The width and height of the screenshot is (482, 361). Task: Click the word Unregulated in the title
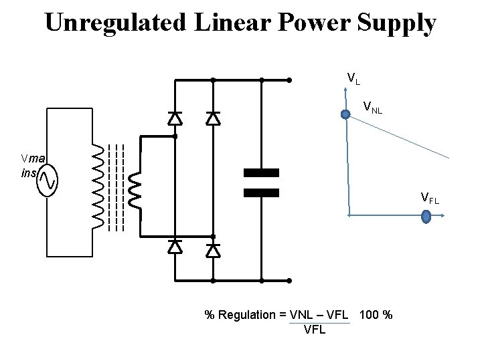pyautogui.click(x=115, y=23)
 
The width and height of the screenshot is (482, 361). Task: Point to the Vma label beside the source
pyautogui.click(x=33, y=158)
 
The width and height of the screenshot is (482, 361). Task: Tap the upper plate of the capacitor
pyautogui.click(x=261, y=173)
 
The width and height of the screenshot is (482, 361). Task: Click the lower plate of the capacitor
pyautogui.click(x=261, y=193)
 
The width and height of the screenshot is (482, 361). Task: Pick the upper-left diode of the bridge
pyautogui.click(x=175, y=118)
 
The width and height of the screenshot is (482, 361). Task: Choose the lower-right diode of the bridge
pyautogui.click(x=213, y=250)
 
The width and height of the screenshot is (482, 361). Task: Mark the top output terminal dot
pyautogui.click(x=289, y=80)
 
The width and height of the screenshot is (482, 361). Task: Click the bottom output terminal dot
pyautogui.click(x=289, y=281)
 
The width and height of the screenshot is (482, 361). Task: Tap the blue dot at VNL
pyautogui.click(x=345, y=114)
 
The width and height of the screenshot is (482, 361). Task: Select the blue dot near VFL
pyautogui.click(x=426, y=216)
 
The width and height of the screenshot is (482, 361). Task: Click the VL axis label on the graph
pyautogui.click(x=353, y=79)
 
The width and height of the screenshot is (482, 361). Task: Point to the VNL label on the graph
pyautogui.click(x=372, y=106)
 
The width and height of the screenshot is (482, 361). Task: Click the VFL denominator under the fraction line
pyautogui.click(x=315, y=330)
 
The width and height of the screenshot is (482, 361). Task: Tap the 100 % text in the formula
pyautogui.click(x=376, y=315)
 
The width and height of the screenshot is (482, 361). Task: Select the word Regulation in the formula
pyautogui.click(x=248, y=315)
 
